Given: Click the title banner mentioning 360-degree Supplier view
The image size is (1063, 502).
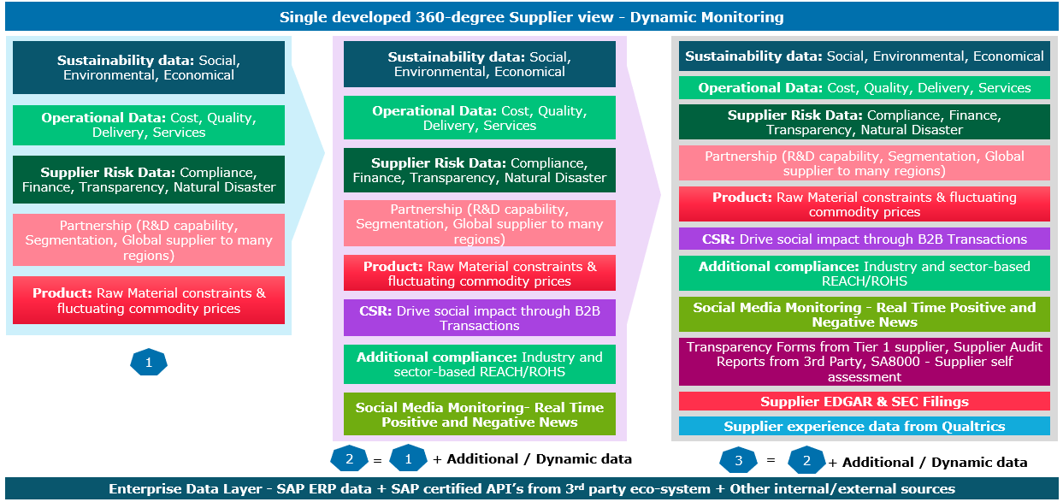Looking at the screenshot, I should pos(531,17).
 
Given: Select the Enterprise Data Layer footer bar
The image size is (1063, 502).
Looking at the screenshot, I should pos(531,489).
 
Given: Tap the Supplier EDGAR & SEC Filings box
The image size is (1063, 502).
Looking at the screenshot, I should pos(865,401).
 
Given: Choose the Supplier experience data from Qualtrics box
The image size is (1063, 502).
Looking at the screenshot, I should pos(865,426).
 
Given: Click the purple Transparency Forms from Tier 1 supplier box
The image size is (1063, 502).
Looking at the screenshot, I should pos(865,362).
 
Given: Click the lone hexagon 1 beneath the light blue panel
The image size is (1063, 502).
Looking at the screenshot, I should pos(149,363).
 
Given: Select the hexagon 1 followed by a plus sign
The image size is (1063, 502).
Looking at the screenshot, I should pos(408,458).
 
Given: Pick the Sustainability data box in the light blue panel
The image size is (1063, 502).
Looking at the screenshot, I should pos(149,68).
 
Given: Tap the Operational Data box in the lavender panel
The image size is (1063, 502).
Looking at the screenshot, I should pos(479,118).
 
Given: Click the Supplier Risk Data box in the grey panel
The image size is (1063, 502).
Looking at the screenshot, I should pos(865,122).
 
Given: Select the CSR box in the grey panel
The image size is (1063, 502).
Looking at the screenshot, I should pos(865,239).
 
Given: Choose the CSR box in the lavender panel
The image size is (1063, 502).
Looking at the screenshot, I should pos(479,318).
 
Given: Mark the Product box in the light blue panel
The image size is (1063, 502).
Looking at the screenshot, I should pos(149,300).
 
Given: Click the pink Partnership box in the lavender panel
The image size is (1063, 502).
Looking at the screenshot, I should pos(479,224).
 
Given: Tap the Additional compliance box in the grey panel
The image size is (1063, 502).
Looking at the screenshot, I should pos(865,274).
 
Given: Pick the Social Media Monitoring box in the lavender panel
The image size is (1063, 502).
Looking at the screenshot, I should pos(479,415).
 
